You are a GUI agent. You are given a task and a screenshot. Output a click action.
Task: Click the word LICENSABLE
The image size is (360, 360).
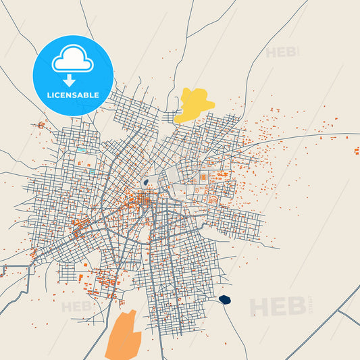click(x=73, y=95)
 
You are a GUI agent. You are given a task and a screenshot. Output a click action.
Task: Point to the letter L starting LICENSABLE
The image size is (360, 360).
click(x=49, y=95)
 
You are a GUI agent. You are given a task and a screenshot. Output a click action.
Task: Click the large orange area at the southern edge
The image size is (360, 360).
click(x=123, y=334)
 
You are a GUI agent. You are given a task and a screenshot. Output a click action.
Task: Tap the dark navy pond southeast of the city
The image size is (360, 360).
click(x=225, y=299)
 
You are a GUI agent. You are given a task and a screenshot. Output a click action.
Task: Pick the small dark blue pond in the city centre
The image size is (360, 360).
click(x=145, y=182)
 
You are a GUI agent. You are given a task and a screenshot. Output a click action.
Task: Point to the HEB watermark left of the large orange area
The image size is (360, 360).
click(x=76, y=307)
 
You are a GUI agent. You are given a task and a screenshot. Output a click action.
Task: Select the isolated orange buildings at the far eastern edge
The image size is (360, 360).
click(x=356, y=150)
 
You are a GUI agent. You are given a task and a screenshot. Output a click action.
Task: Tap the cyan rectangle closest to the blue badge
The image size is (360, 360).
click(x=80, y=149)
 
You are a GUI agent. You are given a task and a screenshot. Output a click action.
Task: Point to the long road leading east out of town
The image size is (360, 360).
click(x=304, y=136)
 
